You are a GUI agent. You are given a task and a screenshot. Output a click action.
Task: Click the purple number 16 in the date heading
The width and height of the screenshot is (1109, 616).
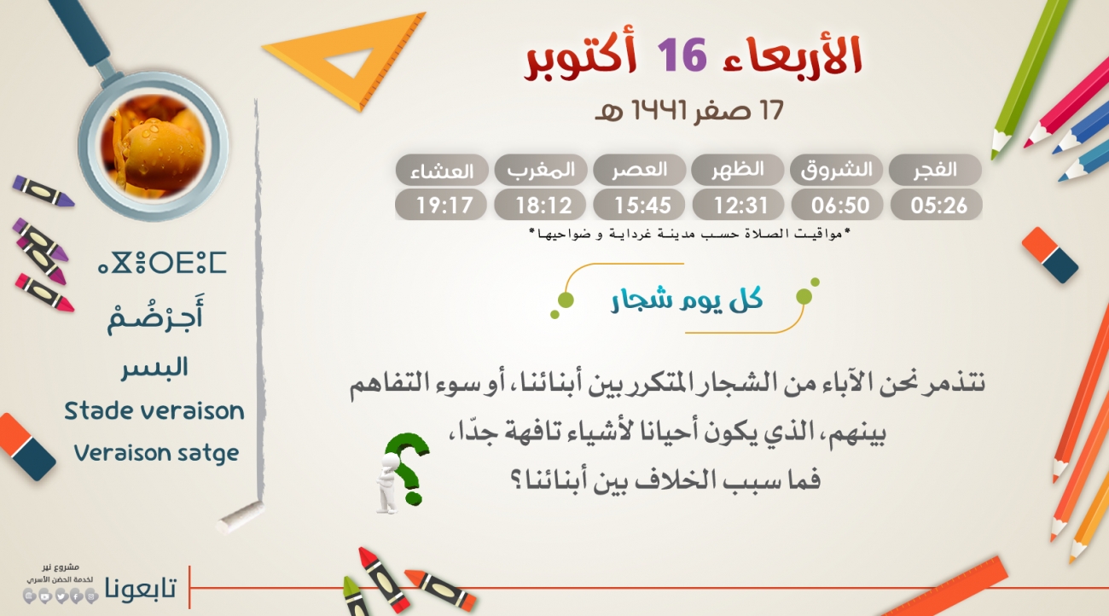pyautogui.click(x=682, y=55)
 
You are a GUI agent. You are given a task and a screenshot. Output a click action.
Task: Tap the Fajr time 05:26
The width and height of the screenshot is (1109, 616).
pyautogui.click(x=938, y=205)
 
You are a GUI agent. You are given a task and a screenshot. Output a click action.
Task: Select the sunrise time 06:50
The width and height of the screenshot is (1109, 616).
pyautogui.click(x=839, y=205)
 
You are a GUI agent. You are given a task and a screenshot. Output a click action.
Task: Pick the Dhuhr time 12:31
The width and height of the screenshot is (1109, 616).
pyautogui.click(x=740, y=205)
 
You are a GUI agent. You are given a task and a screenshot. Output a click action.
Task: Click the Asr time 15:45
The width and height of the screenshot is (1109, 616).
pyautogui.click(x=642, y=205)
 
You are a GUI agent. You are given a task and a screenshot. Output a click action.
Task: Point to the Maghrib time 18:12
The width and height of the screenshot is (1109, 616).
pyautogui.click(x=543, y=205)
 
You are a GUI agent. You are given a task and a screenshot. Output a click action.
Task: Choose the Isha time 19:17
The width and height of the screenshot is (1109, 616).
pyautogui.click(x=444, y=205)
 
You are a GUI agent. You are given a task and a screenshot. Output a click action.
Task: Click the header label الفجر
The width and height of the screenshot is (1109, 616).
pyautogui.click(x=935, y=170)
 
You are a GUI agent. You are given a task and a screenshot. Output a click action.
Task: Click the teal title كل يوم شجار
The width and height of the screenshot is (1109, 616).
pyautogui.click(x=688, y=299)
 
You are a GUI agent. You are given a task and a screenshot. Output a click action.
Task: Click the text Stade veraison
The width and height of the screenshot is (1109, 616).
pyautogui.click(x=154, y=411)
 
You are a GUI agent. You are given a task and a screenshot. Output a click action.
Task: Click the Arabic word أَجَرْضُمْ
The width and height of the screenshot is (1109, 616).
pyautogui.click(x=155, y=317)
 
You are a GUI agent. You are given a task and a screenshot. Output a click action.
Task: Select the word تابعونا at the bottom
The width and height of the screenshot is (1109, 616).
pyautogui.click(x=141, y=588)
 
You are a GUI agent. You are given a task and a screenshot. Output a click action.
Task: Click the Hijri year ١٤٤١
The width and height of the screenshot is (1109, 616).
pyautogui.click(x=659, y=110)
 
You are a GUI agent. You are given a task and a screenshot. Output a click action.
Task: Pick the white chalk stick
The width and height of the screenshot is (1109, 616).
pyautogui.click(x=241, y=517)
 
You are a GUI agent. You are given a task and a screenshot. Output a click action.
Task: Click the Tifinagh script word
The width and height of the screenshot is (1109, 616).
pyautogui.click(x=162, y=263)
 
